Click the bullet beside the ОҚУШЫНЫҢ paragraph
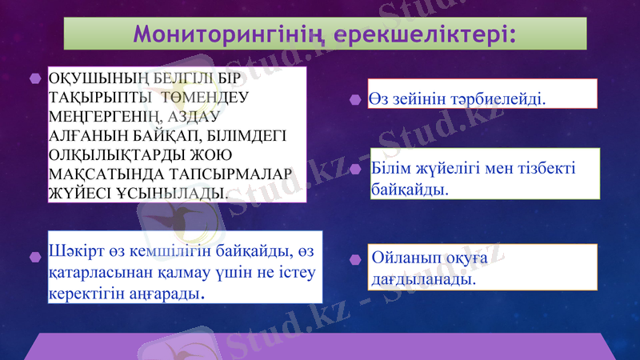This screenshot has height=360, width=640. [34, 79]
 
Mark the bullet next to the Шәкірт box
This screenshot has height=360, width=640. [34, 257]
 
